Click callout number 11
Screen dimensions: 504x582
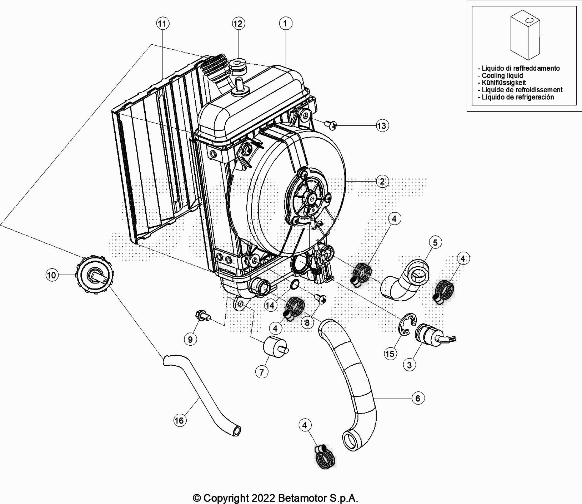[162, 24]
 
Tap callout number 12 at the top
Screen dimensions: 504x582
[237, 24]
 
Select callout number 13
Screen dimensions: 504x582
[382, 126]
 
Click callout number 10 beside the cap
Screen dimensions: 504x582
[51, 275]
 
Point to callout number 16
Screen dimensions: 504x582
[179, 420]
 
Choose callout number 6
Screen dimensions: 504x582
[418, 398]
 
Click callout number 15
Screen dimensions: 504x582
[390, 354]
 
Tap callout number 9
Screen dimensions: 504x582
[190, 339]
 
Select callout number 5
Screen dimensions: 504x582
[435, 243]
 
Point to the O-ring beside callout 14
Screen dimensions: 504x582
[294, 285]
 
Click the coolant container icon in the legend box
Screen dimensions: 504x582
[525, 36]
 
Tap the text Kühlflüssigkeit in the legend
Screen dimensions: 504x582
[504, 83]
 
